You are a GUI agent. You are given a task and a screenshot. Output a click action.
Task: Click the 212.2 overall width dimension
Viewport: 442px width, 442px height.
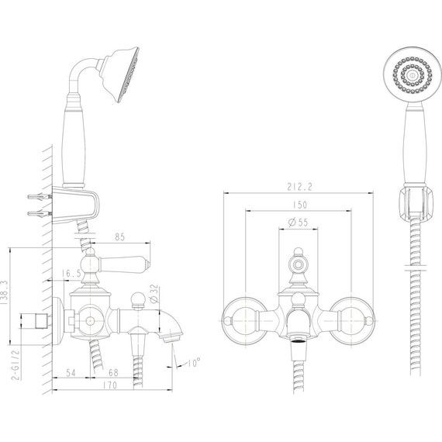tap(299, 187)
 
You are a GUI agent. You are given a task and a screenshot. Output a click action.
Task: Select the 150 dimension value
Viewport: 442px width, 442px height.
tap(299, 205)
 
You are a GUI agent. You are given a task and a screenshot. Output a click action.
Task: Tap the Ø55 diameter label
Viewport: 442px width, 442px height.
tap(299, 223)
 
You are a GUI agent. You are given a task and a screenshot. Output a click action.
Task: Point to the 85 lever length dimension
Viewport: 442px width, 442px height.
tap(119, 237)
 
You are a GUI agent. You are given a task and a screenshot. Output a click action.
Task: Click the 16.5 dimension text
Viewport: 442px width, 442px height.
tap(71, 274)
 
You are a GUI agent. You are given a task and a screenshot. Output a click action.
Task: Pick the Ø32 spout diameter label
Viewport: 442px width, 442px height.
tap(155, 294)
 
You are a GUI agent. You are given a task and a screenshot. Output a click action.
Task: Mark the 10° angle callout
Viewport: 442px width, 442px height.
tap(194, 362)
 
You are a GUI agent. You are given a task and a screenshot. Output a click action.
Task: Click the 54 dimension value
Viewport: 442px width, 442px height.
tap(71, 373)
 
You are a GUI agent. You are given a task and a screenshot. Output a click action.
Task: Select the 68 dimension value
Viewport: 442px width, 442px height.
tap(113, 373)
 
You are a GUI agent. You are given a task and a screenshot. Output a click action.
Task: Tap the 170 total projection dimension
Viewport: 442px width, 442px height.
tap(109, 385)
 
